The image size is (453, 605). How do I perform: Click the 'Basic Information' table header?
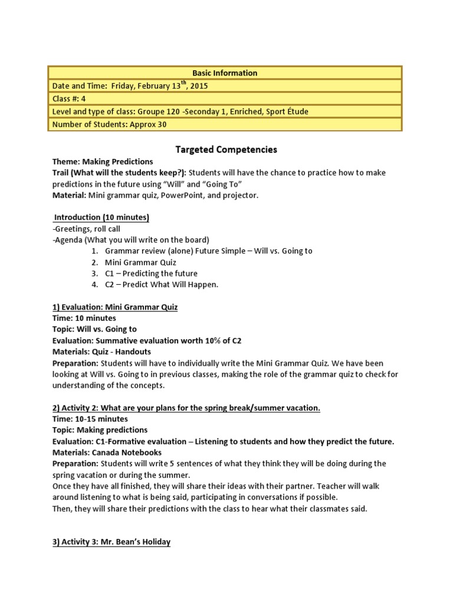tap(226, 73)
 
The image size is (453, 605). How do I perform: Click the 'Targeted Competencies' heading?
tap(226, 149)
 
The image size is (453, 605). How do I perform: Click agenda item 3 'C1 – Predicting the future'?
tap(152, 274)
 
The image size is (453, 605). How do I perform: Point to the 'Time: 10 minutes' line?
tap(84, 318)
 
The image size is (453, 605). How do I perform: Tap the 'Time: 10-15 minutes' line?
tap(90, 419)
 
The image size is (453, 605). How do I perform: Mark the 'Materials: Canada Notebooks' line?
tap(105, 453)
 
